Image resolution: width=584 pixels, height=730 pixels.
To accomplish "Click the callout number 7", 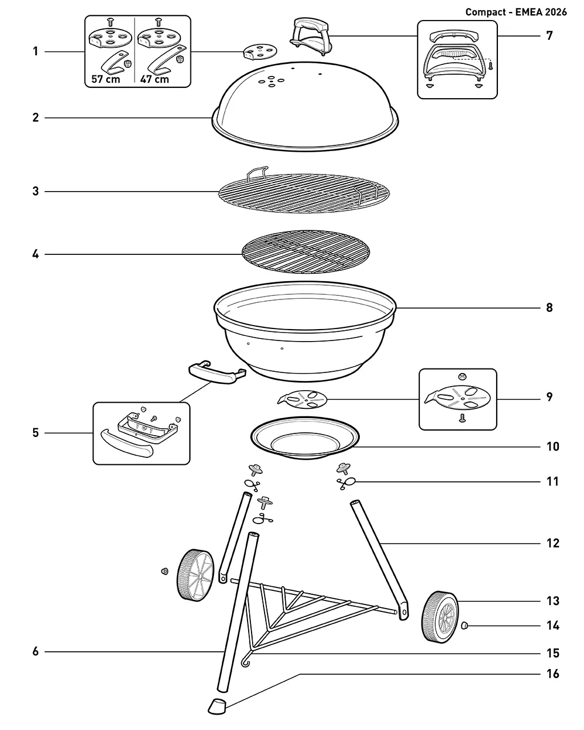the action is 549,35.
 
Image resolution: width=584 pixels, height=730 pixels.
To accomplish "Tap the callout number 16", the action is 553,674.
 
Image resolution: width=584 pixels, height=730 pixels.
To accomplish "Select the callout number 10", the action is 553,447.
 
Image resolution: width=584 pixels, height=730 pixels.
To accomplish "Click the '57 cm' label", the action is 106,79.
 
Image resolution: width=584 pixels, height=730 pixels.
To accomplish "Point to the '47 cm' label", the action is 155,79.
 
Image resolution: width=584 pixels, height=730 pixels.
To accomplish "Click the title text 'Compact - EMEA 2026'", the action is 516,12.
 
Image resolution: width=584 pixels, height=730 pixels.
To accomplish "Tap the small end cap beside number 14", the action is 465,625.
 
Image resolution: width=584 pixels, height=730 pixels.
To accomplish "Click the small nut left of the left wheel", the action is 165,571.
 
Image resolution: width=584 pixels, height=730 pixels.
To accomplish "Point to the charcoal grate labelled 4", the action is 306,252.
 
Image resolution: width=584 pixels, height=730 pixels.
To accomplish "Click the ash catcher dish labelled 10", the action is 305,438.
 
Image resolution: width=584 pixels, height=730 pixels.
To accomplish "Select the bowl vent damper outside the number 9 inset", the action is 302,399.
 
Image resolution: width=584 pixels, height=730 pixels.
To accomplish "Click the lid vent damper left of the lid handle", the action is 260,51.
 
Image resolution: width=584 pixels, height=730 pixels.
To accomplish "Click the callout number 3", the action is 35,191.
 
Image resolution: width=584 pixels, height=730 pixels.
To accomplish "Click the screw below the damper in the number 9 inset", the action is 461,419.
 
